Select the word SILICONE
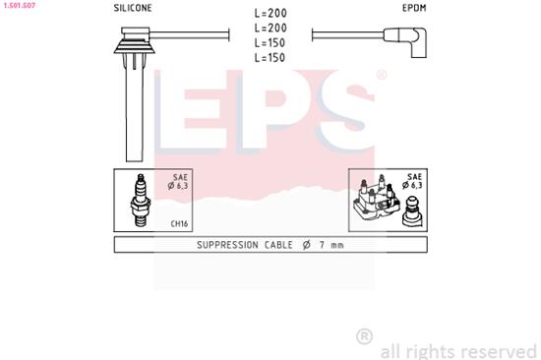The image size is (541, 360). pos(134,8)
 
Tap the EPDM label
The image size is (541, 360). pos(414,8)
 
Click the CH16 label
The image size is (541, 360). pos(179,223)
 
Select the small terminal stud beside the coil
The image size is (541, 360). pos(411,210)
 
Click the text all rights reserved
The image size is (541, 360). pos(457,350)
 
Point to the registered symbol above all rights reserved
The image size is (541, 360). pos(364,336)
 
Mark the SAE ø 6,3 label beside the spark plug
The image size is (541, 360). pos(179,182)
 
